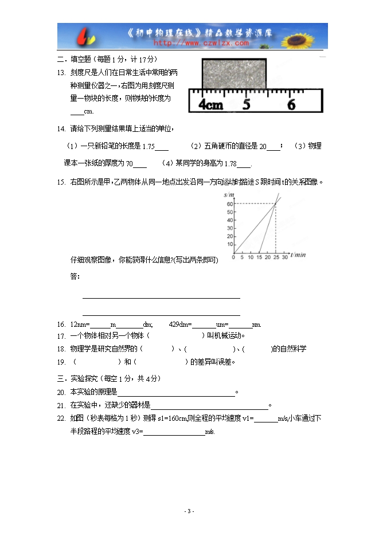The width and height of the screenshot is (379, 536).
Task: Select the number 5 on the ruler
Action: point(247,105)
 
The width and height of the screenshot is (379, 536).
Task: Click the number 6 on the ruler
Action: point(291,105)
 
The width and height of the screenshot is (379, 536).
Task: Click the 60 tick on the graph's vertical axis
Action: point(229,204)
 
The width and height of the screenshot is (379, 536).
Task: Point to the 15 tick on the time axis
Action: point(259,257)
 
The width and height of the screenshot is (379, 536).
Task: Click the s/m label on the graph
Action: point(229,196)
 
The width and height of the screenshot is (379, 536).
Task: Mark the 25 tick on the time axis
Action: point(276,257)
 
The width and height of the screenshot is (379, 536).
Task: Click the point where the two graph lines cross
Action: point(276,204)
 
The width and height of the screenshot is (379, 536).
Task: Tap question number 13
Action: point(61,72)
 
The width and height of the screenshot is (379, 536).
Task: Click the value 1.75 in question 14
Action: point(148,147)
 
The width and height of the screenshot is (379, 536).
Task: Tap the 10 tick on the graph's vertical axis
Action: point(229,244)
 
